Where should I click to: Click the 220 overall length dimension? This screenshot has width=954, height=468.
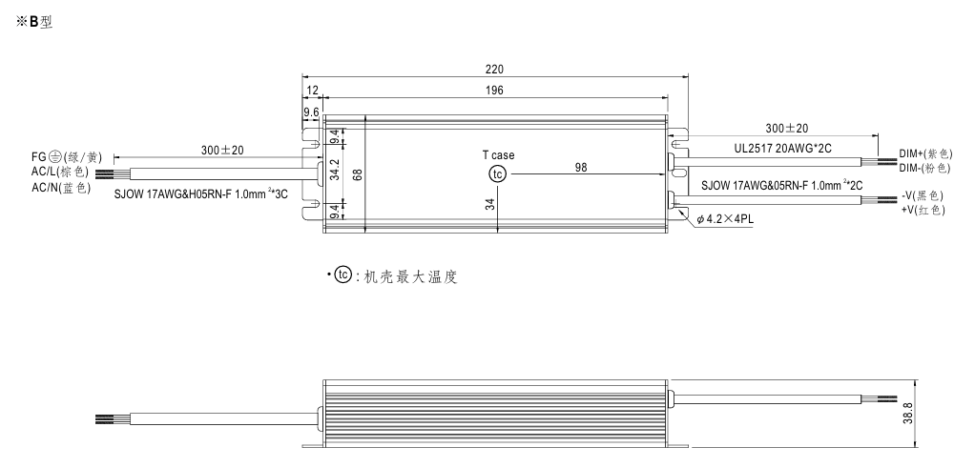click(x=494, y=70)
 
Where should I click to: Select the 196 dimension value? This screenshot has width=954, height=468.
click(x=494, y=90)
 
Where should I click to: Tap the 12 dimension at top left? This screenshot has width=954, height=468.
click(x=312, y=90)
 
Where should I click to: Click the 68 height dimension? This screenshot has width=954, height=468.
click(x=355, y=173)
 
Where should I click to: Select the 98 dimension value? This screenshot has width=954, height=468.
click(x=581, y=167)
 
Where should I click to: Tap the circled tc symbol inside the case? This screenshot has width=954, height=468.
click(x=496, y=173)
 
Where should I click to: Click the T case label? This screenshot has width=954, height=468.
click(x=497, y=153)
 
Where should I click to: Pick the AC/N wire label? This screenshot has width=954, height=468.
click(x=60, y=187)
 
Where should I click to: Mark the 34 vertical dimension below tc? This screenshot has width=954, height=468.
click(x=491, y=203)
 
